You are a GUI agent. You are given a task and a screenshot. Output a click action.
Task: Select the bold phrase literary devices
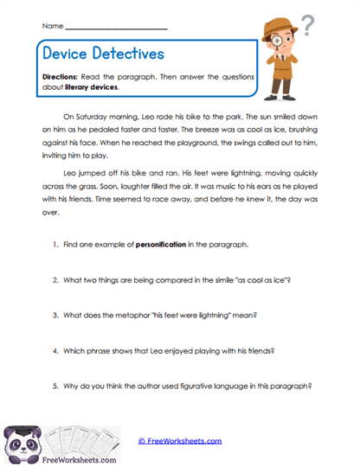(x=92, y=87)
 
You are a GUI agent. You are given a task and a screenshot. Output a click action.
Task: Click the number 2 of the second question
(x=55, y=280)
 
